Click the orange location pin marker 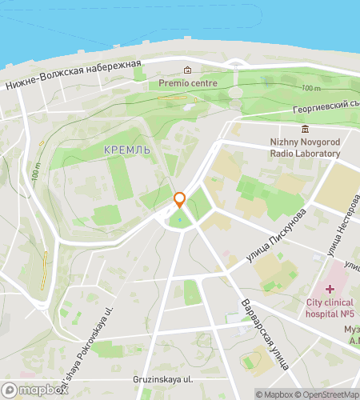[180, 200]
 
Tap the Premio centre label [188, 82]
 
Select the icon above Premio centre [188, 69]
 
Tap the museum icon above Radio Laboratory [304, 129]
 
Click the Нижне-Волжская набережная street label [73, 75]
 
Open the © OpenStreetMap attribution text [330, 394]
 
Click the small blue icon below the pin [180, 218]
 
